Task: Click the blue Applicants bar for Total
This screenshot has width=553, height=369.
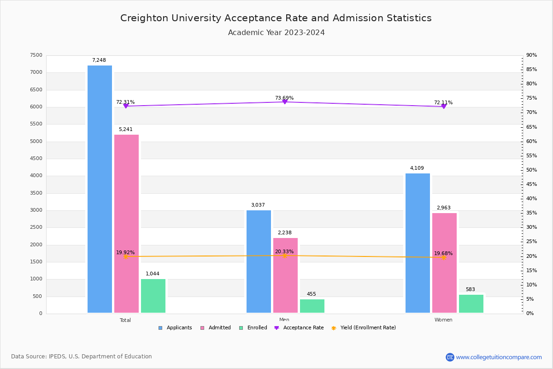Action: [x=100, y=189]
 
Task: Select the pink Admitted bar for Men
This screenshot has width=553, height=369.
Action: [x=285, y=275]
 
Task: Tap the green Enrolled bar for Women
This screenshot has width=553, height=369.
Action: [x=471, y=304]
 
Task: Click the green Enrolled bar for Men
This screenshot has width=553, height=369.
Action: [x=312, y=306]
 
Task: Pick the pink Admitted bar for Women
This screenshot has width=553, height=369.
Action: [x=444, y=263]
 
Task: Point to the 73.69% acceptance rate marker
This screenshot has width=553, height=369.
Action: [x=284, y=101]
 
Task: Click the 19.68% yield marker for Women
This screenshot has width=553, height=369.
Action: [x=443, y=257]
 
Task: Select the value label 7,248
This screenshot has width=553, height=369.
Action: [x=99, y=60]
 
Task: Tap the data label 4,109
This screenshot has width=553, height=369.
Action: [x=417, y=168]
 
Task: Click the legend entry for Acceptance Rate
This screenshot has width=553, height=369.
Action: [x=299, y=328]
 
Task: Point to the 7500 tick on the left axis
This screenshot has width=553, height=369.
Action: [x=36, y=55]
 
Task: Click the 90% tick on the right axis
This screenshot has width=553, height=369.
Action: [x=531, y=55]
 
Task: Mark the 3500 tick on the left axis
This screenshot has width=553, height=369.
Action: [x=36, y=193]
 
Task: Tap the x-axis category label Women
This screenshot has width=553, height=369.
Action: [x=443, y=320]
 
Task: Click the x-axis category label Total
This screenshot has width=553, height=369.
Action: [x=125, y=320]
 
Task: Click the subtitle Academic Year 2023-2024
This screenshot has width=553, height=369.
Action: [x=276, y=33]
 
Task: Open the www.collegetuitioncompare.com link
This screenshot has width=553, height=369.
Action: [x=499, y=357]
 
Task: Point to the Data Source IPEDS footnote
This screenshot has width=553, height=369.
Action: [x=82, y=357]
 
